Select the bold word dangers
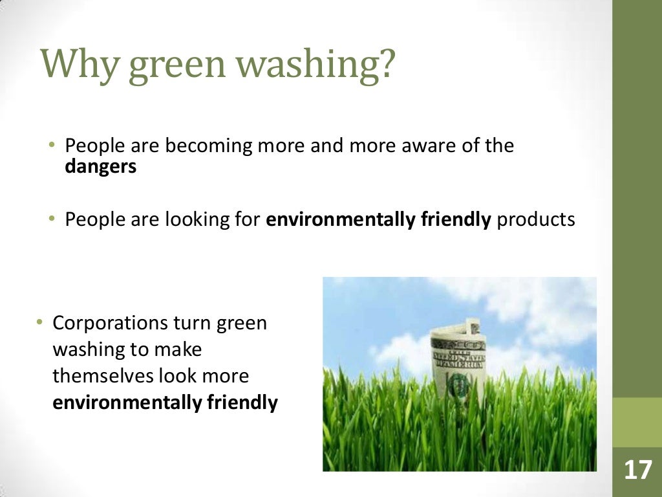click(x=101, y=166)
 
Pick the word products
click(x=536, y=220)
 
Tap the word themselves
click(x=104, y=376)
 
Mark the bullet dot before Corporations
click(x=39, y=322)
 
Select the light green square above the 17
click(x=637, y=422)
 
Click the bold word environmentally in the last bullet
click(x=127, y=403)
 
